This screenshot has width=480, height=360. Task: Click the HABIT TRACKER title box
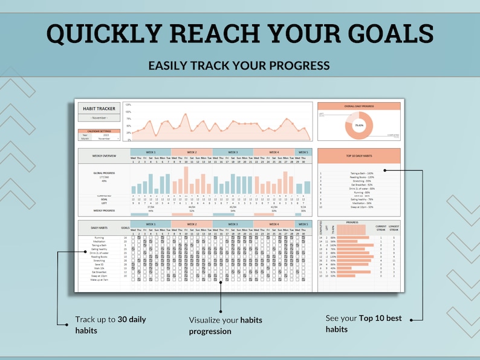pyautogui.click(x=99, y=108)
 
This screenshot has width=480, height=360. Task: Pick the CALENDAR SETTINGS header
pyautogui.click(x=99, y=131)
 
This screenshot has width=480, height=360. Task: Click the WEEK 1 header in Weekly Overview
pyautogui.click(x=151, y=152)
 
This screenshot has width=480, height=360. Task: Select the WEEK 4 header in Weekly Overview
pyautogui.click(x=274, y=152)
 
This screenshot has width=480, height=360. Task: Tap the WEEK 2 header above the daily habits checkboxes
pyautogui.click(x=192, y=224)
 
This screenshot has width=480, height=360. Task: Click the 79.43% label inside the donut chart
pyautogui.click(x=359, y=125)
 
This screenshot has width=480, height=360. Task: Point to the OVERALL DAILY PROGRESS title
pyautogui.click(x=359, y=106)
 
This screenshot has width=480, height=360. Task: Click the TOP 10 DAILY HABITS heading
pyautogui.click(x=359, y=155)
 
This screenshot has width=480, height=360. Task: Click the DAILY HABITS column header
pyautogui.click(x=99, y=227)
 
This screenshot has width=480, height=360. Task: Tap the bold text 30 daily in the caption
pyautogui.click(x=132, y=319)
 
